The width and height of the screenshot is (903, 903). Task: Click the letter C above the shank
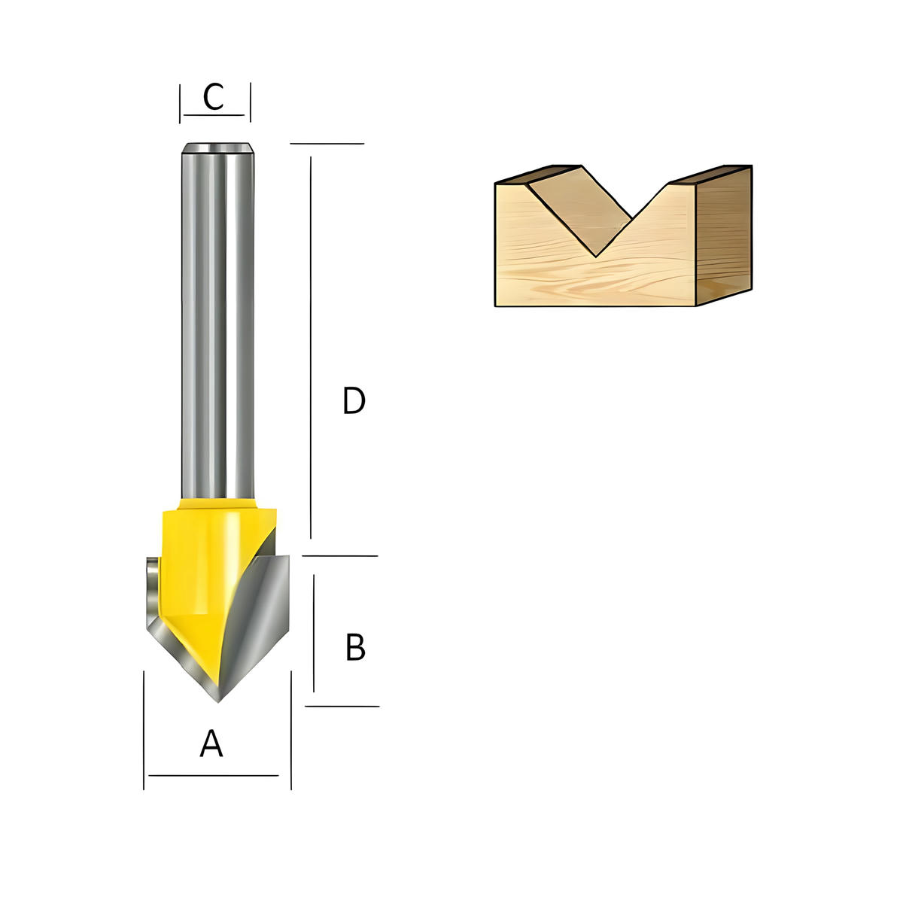[x=213, y=97]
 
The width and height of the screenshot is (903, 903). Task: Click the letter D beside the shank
[x=354, y=400]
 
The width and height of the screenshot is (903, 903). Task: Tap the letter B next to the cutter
[x=355, y=647]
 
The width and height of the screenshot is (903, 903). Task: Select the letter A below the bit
[x=211, y=743]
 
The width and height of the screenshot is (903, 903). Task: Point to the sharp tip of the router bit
[x=218, y=702]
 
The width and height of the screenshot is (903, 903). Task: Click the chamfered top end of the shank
[x=218, y=147]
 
